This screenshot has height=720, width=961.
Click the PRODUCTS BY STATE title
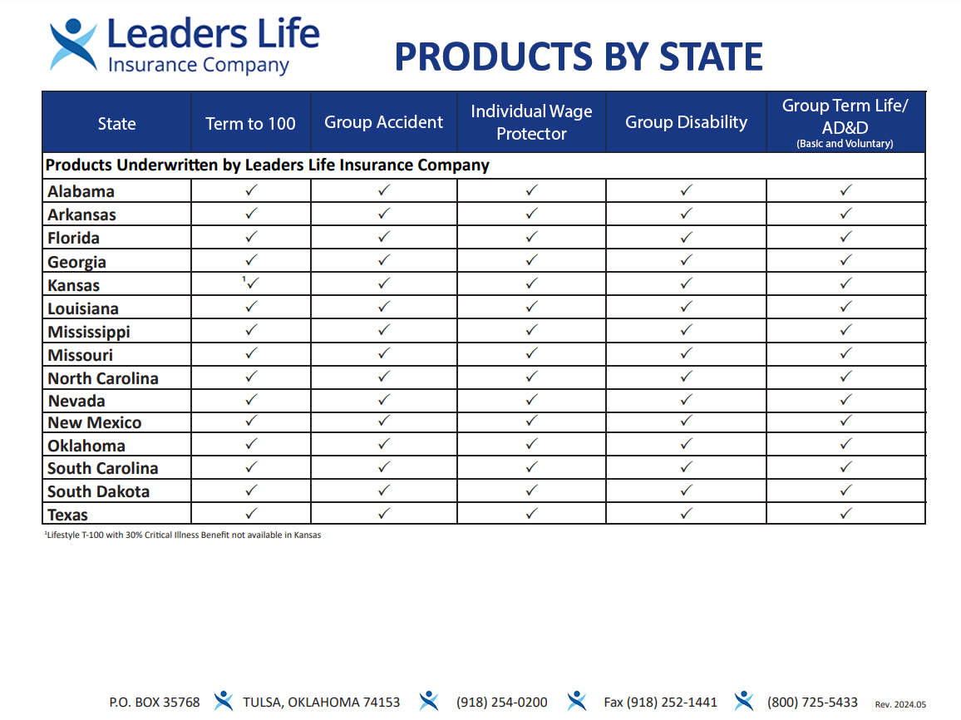579,57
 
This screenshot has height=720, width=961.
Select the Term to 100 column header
250,124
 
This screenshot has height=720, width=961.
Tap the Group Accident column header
383,122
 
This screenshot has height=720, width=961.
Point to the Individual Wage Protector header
531,122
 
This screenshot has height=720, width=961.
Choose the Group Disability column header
686,122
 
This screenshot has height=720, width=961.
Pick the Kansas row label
74,285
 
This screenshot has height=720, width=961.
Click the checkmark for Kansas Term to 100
253,284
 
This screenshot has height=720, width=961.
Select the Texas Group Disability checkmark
686,514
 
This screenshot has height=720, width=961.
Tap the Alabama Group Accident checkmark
383,190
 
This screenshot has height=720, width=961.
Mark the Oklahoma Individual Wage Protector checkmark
531,444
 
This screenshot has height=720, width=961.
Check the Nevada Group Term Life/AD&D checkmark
845,400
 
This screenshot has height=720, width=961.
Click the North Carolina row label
103,378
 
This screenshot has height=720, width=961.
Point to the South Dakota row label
98,491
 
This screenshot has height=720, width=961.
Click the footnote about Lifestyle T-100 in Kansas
183,535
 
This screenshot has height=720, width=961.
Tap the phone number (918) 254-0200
501,703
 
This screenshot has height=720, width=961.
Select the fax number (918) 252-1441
660,703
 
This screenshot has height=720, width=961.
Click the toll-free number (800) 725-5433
812,703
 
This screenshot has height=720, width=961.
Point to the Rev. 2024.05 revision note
900,704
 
